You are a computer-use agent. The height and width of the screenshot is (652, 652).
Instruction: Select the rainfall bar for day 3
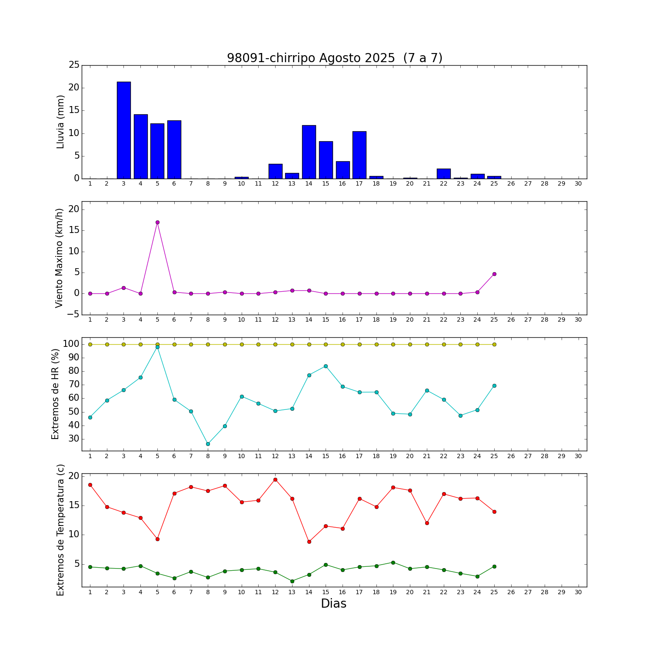[123, 130]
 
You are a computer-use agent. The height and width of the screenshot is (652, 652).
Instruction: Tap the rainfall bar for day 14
[309, 152]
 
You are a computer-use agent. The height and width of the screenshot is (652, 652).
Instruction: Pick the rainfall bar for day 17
[359, 155]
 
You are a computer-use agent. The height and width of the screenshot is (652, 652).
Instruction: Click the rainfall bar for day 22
[444, 174]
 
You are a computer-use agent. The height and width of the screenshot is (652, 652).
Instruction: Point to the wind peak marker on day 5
[157, 222]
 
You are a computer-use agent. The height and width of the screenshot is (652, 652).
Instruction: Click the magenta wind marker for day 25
[494, 274]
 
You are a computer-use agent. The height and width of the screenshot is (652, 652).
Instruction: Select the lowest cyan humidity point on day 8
[208, 444]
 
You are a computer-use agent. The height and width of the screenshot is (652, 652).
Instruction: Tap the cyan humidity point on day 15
[326, 366]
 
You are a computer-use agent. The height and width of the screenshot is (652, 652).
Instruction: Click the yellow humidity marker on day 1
[90, 344]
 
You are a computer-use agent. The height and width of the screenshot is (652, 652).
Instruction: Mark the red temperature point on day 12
[275, 479]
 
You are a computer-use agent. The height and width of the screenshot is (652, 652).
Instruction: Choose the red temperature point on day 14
[309, 542]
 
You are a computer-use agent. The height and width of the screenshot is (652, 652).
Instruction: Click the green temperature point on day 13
[292, 581]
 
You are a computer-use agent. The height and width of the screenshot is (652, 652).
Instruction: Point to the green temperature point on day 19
[393, 562]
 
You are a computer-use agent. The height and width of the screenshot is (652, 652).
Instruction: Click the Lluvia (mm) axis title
[60, 122]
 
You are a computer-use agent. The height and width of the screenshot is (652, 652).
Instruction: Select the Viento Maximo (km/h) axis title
[60, 258]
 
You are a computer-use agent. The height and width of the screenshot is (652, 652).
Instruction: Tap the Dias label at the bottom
[333, 604]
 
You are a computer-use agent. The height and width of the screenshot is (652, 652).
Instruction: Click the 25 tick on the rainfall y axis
[74, 65]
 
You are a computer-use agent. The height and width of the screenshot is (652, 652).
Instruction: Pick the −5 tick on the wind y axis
[73, 314]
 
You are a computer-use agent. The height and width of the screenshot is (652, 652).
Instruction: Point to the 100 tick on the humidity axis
[71, 344]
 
